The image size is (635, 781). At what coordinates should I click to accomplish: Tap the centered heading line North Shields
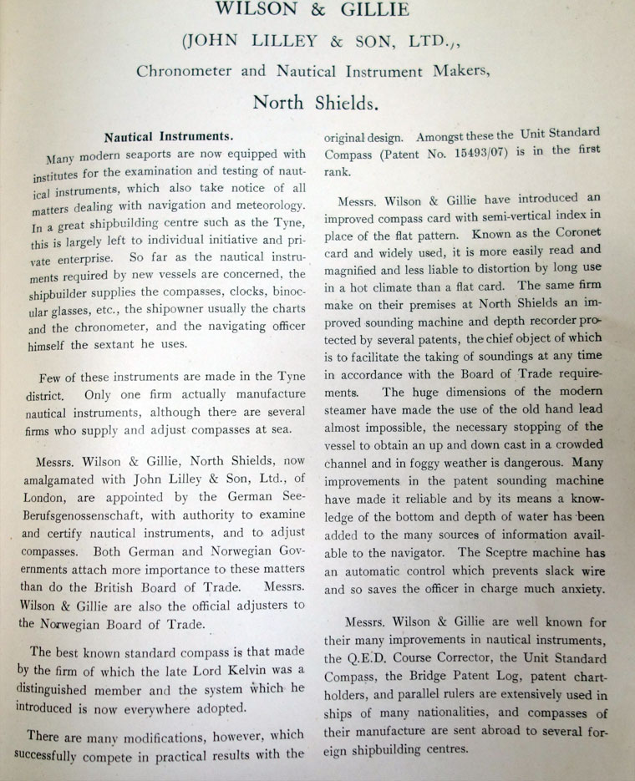[316, 104]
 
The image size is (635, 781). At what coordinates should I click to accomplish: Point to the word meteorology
[267, 207]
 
